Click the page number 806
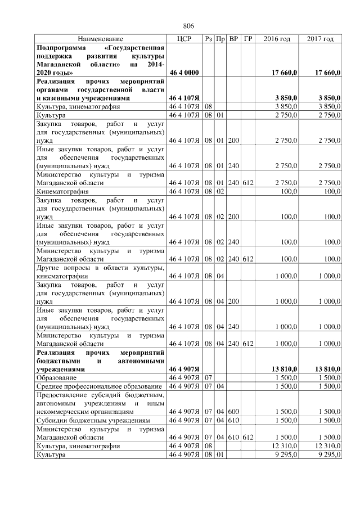tap(188, 26)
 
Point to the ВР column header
tap(233, 39)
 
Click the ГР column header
tap(248, 39)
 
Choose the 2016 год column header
tap(277, 39)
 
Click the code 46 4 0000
tap(184, 73)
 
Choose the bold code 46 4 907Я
tap(184, 370)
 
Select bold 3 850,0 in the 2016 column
tap(287, 98)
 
